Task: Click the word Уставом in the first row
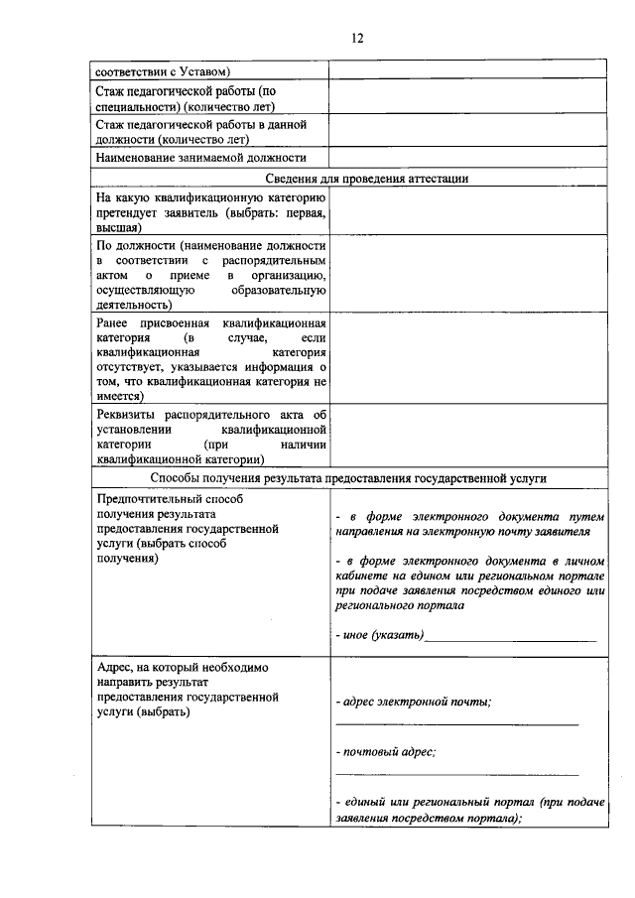[199, 71]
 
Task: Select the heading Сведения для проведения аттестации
[367, 178]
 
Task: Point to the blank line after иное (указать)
[511, 636]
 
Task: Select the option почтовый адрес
[387, 752]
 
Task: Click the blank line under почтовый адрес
[456, 774]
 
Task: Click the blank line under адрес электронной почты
[456, 724]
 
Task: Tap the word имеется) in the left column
[120, 394]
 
